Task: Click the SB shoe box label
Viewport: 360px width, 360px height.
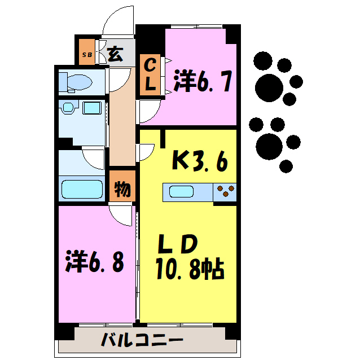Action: (x=87, y=55)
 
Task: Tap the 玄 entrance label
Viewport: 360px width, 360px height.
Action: (x=115, y=54)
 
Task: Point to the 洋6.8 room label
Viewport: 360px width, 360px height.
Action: (x=94, y=261)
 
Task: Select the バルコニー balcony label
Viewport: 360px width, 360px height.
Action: (x=142, y=341)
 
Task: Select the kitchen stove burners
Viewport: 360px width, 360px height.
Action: (x=225, y=192)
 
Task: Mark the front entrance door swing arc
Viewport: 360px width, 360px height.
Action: (x=117, y=23)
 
